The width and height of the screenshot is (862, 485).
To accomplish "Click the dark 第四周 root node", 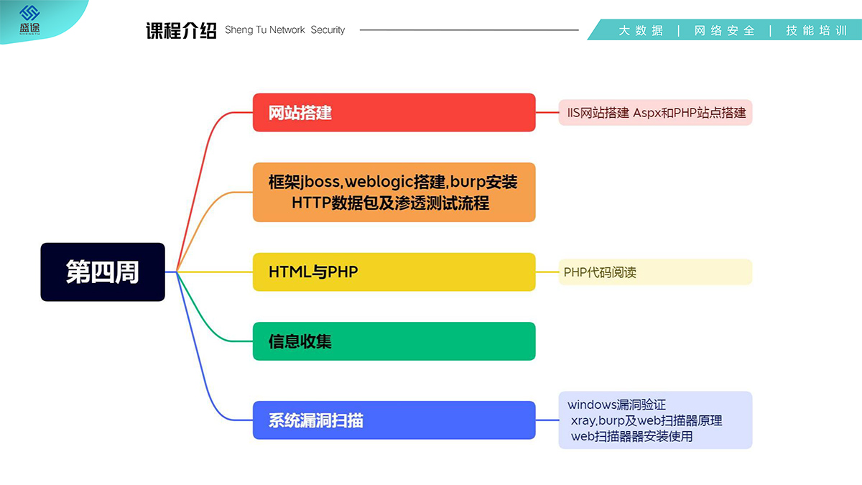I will click(103, 272).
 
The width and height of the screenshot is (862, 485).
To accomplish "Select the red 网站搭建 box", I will click(394, 112).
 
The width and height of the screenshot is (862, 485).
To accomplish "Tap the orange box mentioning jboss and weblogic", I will click(394, 192).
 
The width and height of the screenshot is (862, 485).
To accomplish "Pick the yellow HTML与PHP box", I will click(394, 272).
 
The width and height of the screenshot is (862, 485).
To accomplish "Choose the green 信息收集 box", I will click(394, 341).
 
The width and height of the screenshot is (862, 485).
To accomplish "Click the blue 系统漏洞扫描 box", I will click(394, 420).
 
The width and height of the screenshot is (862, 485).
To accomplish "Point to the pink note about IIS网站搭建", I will click(655, 113).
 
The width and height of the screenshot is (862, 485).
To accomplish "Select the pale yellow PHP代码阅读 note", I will click(655, 272).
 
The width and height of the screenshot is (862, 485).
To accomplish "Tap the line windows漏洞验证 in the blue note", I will click(616, 405).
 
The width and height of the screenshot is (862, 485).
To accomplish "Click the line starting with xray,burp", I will click(646, 420).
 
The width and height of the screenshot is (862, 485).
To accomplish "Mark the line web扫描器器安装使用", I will click(631, 436).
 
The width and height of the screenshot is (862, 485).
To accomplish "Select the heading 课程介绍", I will click(181, 30).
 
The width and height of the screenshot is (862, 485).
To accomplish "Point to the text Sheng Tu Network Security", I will click(284, 30).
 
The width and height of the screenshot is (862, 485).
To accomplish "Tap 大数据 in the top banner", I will click(641, 31).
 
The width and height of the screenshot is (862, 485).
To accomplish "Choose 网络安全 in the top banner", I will click(724, 31).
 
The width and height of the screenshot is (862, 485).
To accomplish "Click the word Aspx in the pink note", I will click(646, 113).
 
